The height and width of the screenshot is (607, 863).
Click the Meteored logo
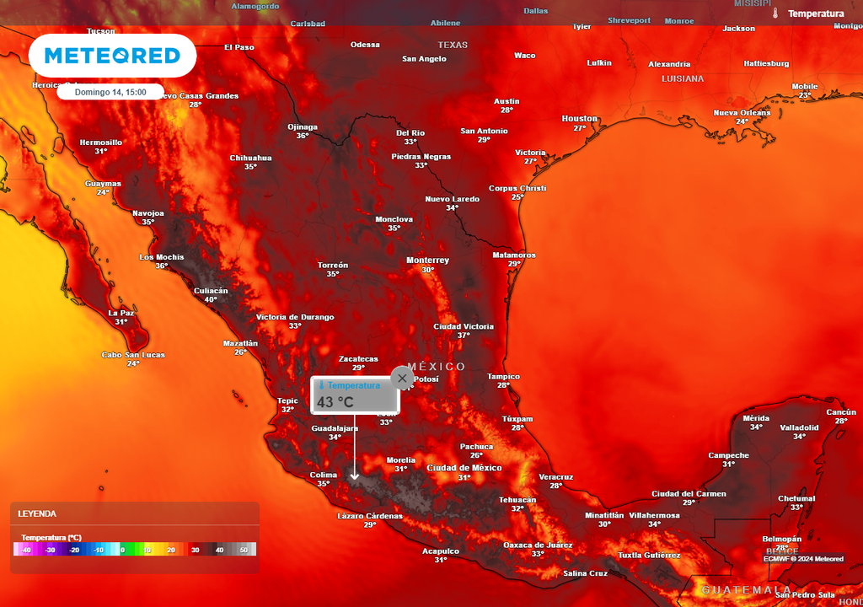pyautogui.click(x=112, y=56)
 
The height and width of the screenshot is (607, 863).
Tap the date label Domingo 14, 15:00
pyautogui.click(x=110, y=92)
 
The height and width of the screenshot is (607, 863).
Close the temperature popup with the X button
pyautogui.click(x=402, y=378)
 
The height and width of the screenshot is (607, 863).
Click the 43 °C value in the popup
pyautogui.click(x=335, y=402)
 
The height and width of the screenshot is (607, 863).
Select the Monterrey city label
pyautogui.click(x=427, y=260)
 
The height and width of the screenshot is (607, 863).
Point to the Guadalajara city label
pyautogui.click(x=335, y=428)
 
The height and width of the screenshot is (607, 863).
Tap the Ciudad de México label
pyautogui.click(x=464, y=468)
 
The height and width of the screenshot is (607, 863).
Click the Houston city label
pyautogui.click(x=579, y=119)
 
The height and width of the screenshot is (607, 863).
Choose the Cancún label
pyautogui.click(x=841, y=412)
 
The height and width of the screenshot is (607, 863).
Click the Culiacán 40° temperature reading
pyautogui.click(x=211, y=299)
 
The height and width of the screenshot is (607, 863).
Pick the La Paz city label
pyautogui.click(x=121, y=313)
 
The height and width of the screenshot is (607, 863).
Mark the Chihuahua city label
pyautogui.click(x=250, y=158)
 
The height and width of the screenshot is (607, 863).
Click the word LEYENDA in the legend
pyautogui.click(x=37, y=513)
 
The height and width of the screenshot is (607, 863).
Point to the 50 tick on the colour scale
pyautogui.click(x=245, y=550)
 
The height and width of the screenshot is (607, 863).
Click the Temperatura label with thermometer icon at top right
pyautogui.click(x=815, y=13)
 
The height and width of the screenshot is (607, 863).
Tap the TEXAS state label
pyautogui.click(x=453, y=45)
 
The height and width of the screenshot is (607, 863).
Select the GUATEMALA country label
pyautogui.click(x=746, y=589)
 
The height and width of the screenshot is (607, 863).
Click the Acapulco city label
pyautogui.click(x=441, y=551)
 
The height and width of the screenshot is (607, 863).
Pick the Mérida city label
pyautogui.click(x=756, y=418)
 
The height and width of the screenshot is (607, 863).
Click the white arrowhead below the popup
pyautogui.click(x=355, y=476)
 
